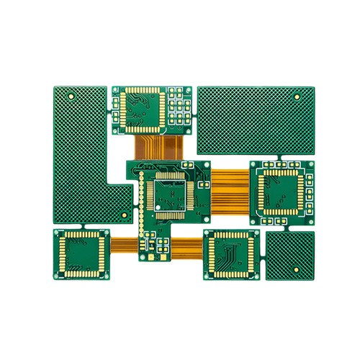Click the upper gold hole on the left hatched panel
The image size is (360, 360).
click(70, 95)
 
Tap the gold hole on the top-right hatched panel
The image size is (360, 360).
click(297, 95)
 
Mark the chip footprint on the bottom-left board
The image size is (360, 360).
click(81, 254)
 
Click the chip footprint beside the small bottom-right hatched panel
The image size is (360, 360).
click(232, 255)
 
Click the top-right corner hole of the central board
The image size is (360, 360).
click(204, 166)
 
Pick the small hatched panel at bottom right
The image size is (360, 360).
click(290, 256)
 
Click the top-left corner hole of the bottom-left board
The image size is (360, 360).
click(58, 234)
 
